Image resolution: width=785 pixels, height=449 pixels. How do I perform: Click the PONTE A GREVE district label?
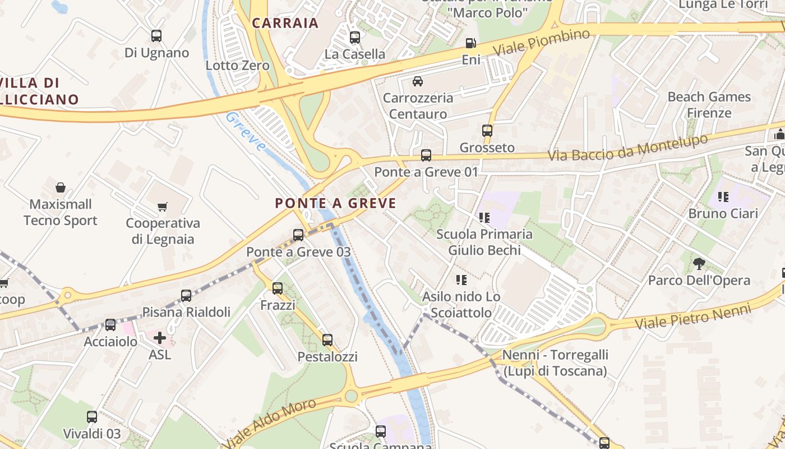(x=335, y=203)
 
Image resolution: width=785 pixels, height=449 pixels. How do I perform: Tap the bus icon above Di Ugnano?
(x=156, y=36)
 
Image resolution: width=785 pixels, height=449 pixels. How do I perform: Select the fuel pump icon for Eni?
(x=471, y=43)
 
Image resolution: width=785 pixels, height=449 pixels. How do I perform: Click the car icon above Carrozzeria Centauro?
(x=418, y=81)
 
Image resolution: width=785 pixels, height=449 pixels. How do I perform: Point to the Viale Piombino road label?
(x=542, y=42)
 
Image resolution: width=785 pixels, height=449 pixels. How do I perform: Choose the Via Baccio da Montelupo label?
(x=628, y=148)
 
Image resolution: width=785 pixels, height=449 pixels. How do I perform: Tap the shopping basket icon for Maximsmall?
(x=61, y=187)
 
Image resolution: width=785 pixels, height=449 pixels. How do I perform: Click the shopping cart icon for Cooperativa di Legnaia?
(x=163, y=207)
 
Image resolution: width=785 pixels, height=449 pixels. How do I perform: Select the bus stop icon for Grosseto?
(x=487, y=131)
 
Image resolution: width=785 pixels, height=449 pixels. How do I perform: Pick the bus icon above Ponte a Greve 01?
(x=426, y=155)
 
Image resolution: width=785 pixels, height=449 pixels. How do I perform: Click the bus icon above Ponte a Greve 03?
(x=298, y=235)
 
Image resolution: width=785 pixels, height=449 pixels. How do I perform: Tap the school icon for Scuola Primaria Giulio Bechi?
(x=484, y=217)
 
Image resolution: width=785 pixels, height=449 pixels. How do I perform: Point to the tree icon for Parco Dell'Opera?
(x=699, y=263)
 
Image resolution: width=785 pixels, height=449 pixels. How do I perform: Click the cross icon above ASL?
(x=160, y=337)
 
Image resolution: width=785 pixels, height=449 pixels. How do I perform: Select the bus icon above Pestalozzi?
(x=327, y=340)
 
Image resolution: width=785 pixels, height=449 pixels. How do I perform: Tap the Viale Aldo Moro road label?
(x=273, y=424)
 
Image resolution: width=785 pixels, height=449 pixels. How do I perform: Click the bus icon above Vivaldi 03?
(x=92, y=417)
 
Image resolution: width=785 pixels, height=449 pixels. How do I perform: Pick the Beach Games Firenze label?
(x=709, y=104)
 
